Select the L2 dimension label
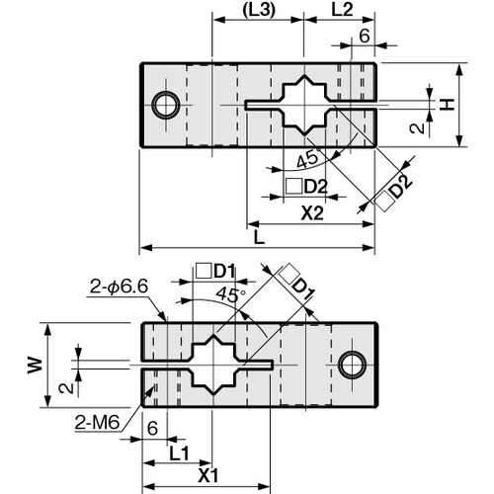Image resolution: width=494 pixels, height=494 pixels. point(342,12)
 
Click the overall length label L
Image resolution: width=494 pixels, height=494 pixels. point(259,237)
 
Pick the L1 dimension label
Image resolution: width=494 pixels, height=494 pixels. point(179,451)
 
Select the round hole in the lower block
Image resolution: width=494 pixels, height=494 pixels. point(350,364)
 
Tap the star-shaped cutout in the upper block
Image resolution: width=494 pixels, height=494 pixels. point(308,104)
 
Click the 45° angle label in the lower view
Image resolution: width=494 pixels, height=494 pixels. point(229,294)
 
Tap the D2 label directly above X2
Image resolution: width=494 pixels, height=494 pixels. point(306,186)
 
